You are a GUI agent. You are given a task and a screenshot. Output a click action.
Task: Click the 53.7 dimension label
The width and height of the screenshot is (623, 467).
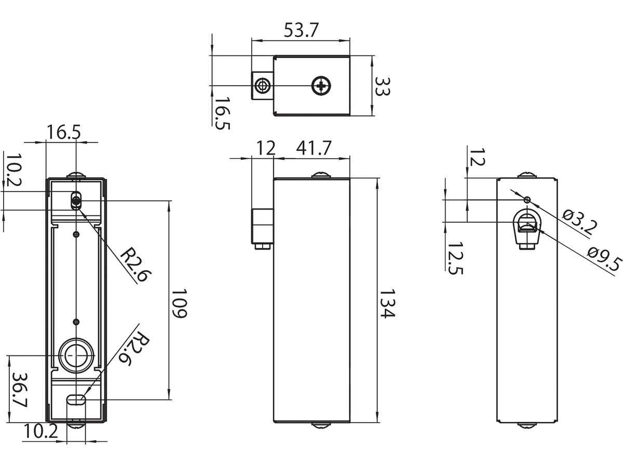300,31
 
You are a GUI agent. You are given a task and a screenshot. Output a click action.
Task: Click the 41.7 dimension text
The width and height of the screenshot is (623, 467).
313,148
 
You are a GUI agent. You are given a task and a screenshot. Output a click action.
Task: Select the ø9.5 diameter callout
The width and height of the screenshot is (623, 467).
605,258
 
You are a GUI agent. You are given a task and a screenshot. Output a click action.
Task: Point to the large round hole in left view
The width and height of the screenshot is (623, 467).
77,355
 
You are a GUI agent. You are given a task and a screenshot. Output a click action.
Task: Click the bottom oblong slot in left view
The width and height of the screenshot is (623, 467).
77,400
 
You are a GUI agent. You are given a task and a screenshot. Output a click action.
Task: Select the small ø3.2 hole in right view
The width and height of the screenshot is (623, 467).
527,200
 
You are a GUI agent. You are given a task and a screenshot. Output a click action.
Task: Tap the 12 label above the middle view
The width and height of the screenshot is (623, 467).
265,148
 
